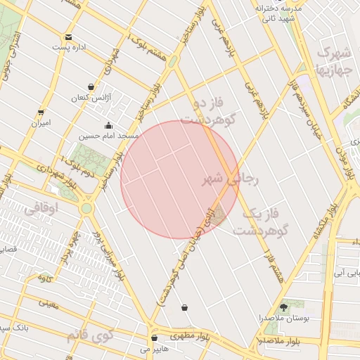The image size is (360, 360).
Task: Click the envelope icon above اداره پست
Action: (x=68, y=37)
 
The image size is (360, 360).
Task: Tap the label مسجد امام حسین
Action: (x=108, y=135)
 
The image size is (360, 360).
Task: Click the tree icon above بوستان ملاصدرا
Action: (x=284, y=308)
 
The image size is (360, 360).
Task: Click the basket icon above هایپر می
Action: (x=154, y=338)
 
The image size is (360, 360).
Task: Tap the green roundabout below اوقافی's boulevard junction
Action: (x=86, y=208)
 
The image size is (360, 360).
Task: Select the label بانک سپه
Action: (x=13, y=328)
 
